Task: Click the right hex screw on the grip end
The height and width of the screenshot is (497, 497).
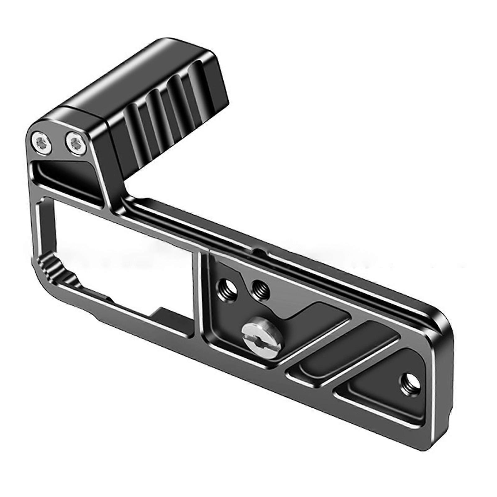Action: click(x=75, y=143)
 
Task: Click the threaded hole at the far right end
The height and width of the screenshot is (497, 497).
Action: click(x=406, y=380)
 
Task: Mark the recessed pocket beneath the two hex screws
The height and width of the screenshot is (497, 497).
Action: click(x=71, y=180)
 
